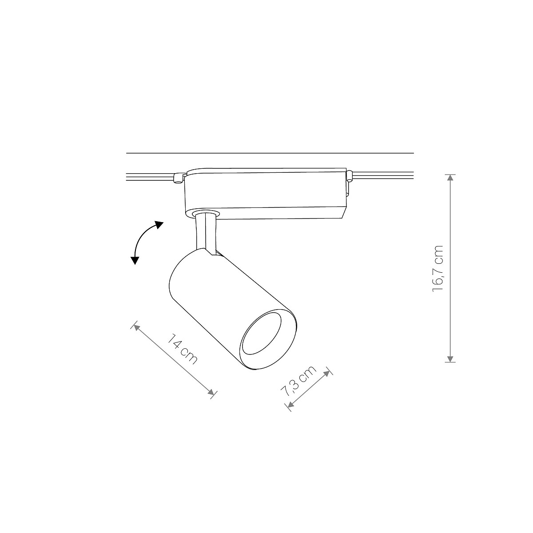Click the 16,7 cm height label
point(438,268)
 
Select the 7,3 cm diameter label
point(299,381)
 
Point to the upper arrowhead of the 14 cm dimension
point(136,328)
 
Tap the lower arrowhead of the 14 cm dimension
point(211,392)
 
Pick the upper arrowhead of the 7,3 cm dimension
point(327,374)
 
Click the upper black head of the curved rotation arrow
point(159,225)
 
